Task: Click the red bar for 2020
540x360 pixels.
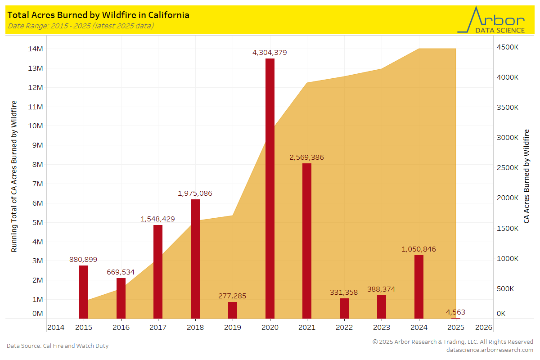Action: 270,189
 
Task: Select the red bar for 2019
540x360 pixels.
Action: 233,310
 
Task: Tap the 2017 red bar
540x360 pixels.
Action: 158,272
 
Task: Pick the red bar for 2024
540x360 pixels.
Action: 419,287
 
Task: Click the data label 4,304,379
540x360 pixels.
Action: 270,53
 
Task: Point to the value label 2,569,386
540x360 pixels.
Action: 306,157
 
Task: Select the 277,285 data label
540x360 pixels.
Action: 232,296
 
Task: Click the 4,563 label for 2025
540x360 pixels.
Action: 455,312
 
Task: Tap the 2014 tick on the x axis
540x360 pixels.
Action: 56,327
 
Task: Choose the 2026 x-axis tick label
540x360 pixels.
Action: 483,327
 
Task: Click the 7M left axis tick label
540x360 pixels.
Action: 36,184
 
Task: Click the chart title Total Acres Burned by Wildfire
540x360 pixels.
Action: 99,15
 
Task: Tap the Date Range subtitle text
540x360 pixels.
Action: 81,26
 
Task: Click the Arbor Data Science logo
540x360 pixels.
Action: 491,20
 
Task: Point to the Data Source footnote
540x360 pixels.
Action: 58,346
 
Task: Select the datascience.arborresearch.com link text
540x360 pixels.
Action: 490,350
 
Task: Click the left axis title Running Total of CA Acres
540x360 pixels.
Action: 14,176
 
